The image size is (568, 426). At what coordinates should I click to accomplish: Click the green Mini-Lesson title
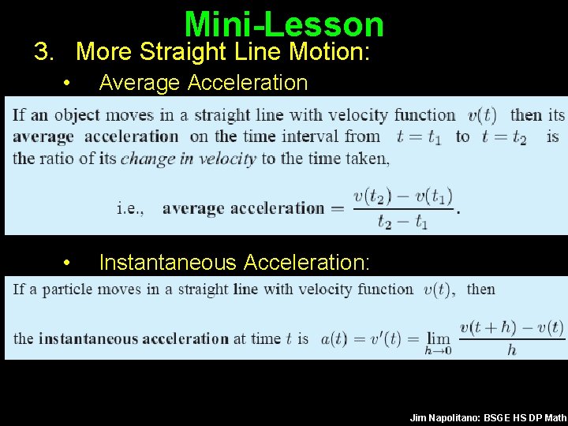(284, 24)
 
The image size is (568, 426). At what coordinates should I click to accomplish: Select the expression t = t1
(419, 136)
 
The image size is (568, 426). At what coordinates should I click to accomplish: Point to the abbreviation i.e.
(130, 208)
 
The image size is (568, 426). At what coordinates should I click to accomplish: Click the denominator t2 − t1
(402, 222)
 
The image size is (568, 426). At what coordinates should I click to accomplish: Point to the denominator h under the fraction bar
(511, 349)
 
